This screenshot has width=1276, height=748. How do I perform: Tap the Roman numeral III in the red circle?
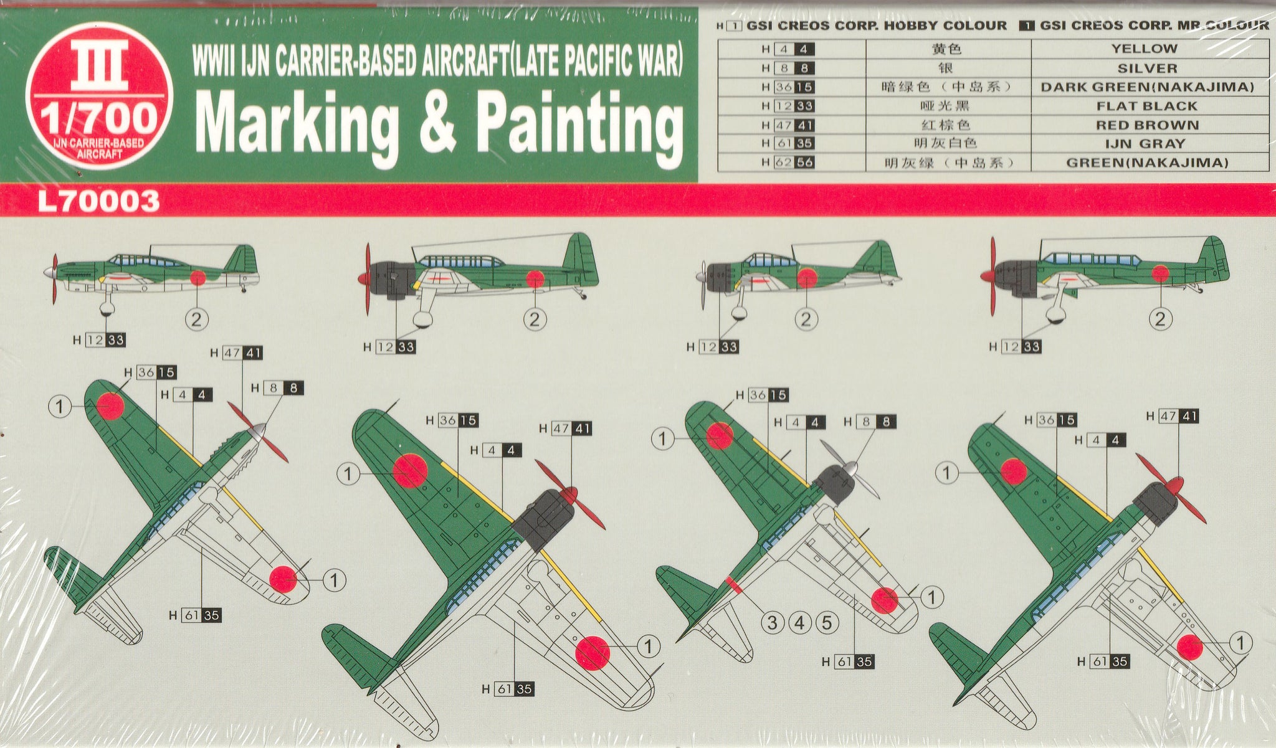pyautogui.click(x=99, y=65)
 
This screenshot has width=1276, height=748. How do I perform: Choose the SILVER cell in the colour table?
pyautogui.click(x=1147, y=69)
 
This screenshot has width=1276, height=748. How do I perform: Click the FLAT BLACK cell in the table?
pyautogui.click(x=1147, y=106)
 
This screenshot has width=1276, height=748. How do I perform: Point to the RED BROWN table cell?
pyautogui.click(x=1148, y=125)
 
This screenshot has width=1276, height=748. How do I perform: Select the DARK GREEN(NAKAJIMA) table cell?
pyautogui.click(x=1147, y=87)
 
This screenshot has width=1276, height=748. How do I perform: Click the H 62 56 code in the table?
pyautogui.click(x=788, y=163)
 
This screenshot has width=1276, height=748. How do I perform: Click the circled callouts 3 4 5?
pyautogui.click(x=799, y=622)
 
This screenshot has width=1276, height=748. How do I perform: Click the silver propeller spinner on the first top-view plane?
pyautogui.click(x=257, y=430)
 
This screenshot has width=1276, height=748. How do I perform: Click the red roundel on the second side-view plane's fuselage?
pyautogui.click(x=535, y=279)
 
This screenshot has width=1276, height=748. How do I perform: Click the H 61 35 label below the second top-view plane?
pyautogui.click(x=508, y=689)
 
